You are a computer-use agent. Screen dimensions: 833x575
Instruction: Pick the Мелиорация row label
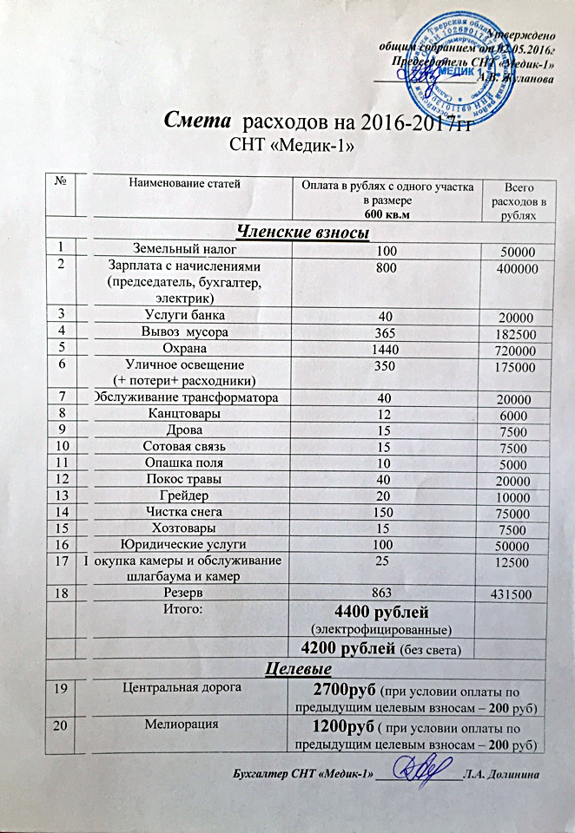pos(183,722)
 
